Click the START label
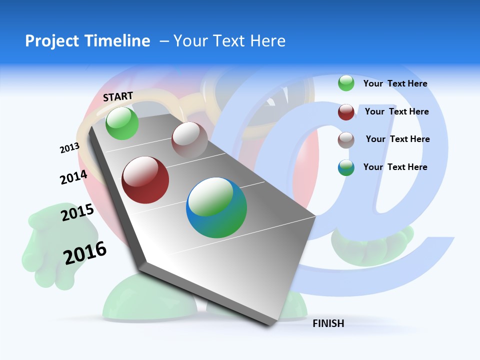(118, 96)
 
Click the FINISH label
(328, 323)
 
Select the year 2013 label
(69, 148)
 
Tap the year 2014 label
(73, 177)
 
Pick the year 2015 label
(77, 212)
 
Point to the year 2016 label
(85, 252)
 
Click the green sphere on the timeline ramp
(122, 123)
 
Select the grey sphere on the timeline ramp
(189, 140)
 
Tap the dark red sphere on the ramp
(145, 180)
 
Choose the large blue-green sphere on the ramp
(216, 207)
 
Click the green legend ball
(346, 83)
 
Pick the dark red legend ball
(346, 112)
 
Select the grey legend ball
(346, 140)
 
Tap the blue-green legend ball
(346, 167)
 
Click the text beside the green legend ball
(395, 83)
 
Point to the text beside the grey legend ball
(397, 139)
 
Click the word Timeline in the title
(118, 41)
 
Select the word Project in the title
(52, 41)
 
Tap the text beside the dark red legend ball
(396, 111)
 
